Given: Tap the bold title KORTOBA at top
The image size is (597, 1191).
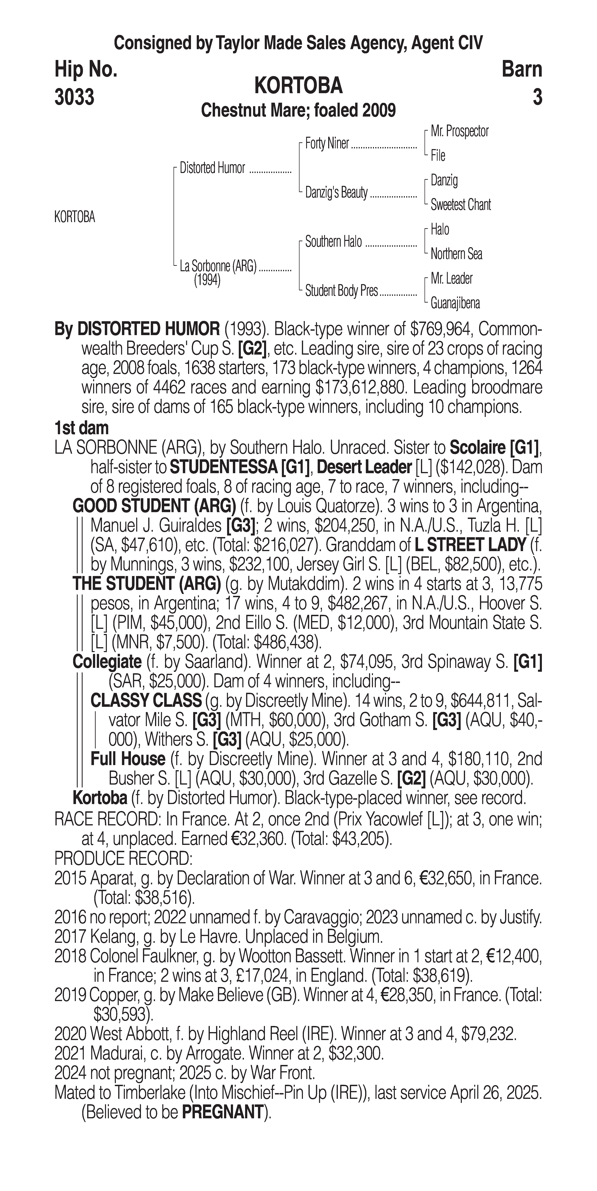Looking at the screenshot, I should pos(298,86).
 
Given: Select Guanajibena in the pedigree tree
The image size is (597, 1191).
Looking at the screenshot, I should pos(455,303).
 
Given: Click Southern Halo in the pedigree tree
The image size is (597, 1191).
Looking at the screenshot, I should pos(333,242).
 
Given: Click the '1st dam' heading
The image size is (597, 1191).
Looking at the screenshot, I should pos(81,428).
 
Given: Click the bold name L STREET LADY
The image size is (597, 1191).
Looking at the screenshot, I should pos(470,545).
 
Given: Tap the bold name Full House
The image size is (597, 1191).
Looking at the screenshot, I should pos(128,759).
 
